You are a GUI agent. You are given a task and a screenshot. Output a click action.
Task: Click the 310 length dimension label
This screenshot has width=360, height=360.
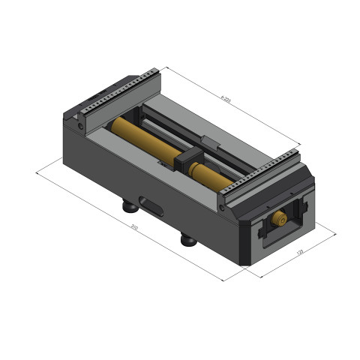tap(133, 227)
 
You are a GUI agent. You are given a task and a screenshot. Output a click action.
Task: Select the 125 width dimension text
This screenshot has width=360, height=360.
tap(299, 253)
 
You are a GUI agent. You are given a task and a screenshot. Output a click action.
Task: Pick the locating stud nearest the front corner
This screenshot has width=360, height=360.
tap(188, 240)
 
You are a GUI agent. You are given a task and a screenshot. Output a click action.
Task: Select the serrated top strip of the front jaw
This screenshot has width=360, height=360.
tap(259, 172)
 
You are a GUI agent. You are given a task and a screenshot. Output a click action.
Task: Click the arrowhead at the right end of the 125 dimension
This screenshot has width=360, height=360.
tap(334, 234)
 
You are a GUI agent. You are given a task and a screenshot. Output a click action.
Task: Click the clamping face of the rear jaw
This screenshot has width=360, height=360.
tap(120, 109)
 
